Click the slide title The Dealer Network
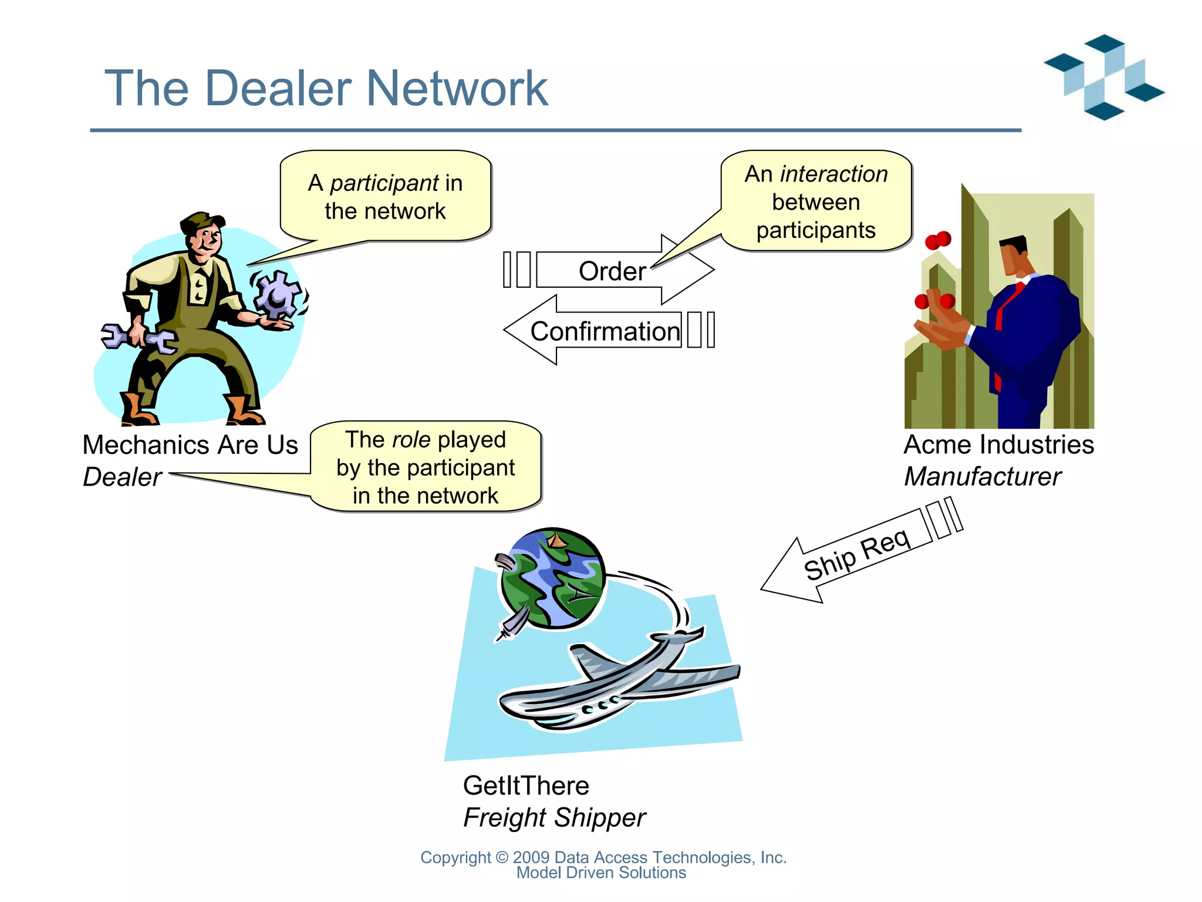click(326, 88)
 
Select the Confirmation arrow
click(605, 331)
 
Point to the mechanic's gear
click(277, 293)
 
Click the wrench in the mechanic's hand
click(138, 338)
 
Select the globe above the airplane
click(552, 578)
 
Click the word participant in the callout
click(384, 183)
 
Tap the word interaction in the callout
click(833, 174)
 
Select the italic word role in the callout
click(411, 440)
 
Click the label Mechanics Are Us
click(190, 445)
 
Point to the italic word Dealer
click(122, 477)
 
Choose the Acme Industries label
click(998, 445)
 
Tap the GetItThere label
click(526, 786)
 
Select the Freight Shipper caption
click(554, 817)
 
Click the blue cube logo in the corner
click(1103, 76)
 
